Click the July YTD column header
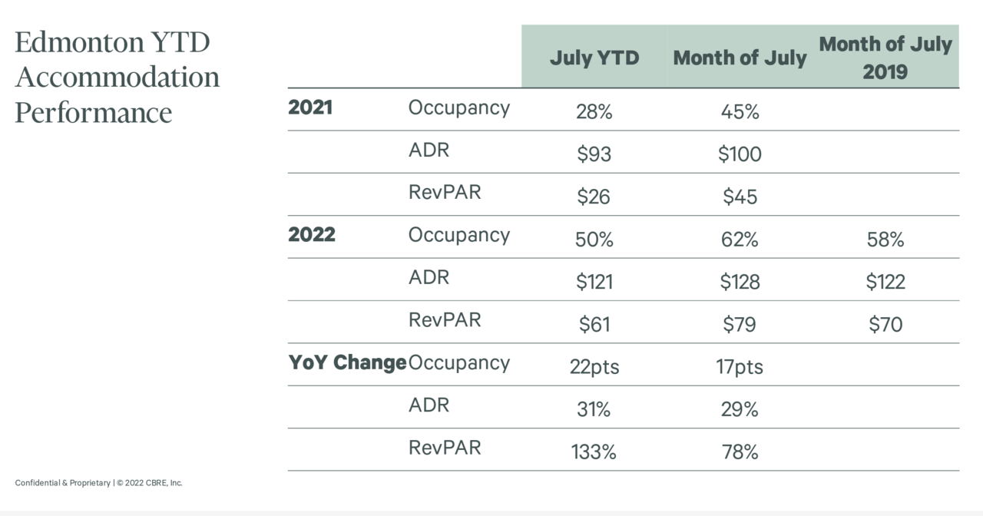coord(594,58)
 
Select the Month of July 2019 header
coord(885,58)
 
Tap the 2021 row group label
coord(310,107)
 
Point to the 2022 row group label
coord(312,235)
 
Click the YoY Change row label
coord(347,362)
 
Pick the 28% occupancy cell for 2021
coord(594,112)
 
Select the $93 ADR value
coord(594,154)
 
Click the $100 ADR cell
coord(740,154)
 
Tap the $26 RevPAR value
coord(594,197)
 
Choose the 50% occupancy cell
coord(594,240)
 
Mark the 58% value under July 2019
coord(885,240)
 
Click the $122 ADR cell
coord(885,282)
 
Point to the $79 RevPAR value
coord(740,324)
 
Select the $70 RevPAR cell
coord(885,324)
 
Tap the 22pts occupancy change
coord(594,367)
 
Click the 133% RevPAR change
coord(594,452)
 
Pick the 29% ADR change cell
coord(740,409)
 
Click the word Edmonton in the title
coord(79,42)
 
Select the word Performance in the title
coord(94,112)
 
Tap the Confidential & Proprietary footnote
coord(63,483)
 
